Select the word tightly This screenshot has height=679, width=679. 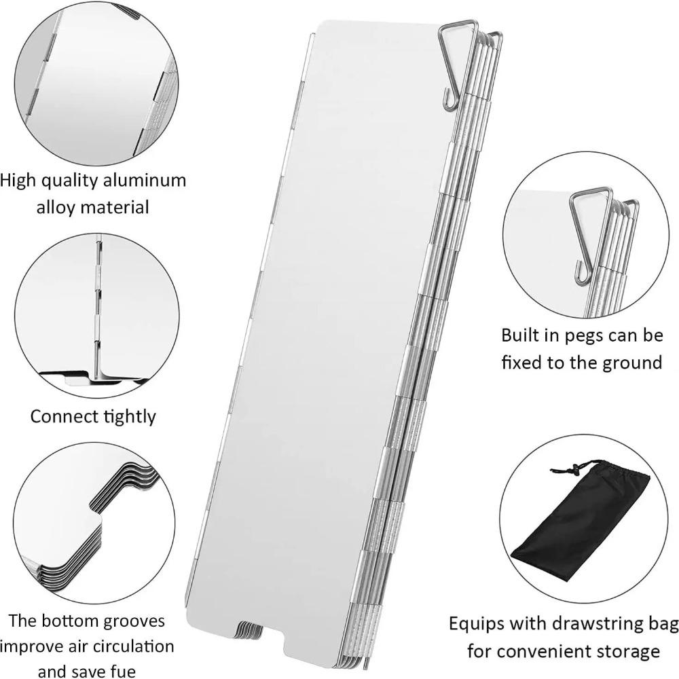pos(126,416)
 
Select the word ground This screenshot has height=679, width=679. pos(631,362)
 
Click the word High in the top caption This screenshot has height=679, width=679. pos(18,181)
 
